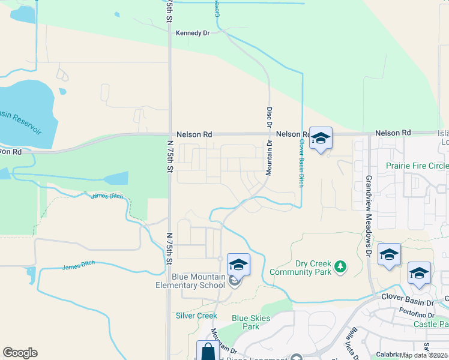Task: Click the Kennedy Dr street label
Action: click(193, 34)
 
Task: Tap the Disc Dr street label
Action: click(269, 118)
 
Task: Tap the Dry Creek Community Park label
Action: click(313, 268)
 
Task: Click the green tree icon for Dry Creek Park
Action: click(340, 265)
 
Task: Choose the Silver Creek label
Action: click(196, 316)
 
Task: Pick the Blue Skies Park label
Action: click(246, 322)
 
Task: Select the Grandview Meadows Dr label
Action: click(369, 217)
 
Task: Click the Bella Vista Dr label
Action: click(350, 341)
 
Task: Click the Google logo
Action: click(20, 353)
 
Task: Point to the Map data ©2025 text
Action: click(424, 355)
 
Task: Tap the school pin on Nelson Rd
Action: click(321, 139)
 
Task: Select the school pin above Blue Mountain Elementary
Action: click(238, 265)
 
